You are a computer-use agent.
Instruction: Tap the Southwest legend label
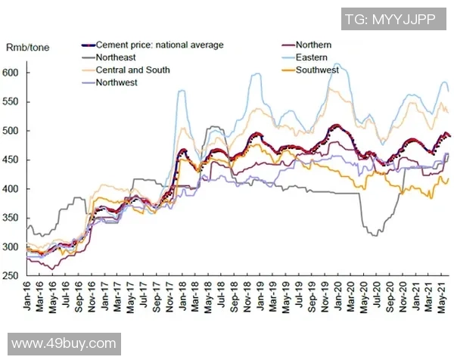317,70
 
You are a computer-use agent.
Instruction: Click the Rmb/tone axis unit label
28,47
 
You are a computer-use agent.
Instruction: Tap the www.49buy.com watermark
64,344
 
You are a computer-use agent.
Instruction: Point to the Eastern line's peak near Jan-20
337,64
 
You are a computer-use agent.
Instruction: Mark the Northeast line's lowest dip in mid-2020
374,235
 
